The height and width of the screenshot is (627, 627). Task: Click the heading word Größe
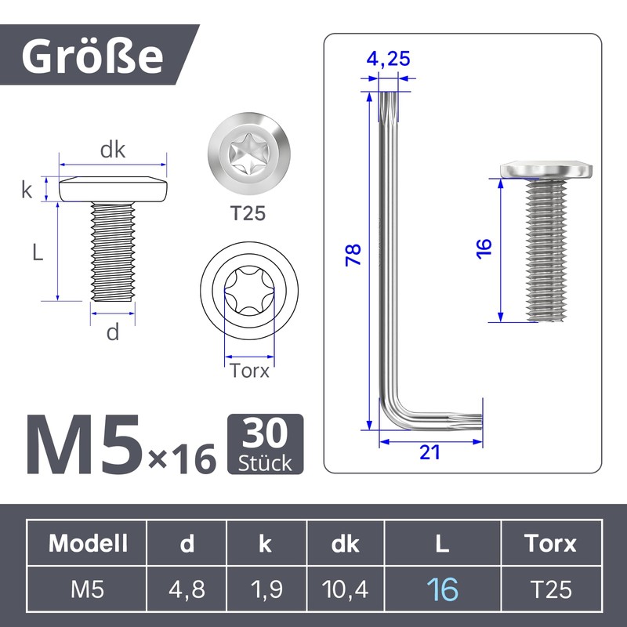(92, 56)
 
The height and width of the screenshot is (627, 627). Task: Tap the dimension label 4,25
(388, 59)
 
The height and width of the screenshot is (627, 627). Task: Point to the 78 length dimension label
(353, 255)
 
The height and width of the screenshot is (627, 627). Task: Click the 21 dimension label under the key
(429, 452)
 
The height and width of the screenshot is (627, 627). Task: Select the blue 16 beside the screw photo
(484, 248)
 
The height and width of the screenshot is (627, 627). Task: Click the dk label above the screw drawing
(112, 150)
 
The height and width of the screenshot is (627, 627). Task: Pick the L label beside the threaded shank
(38, 252)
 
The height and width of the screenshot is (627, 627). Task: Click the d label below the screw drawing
(113, 332)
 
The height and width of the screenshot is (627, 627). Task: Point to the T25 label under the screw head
(248, 213)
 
